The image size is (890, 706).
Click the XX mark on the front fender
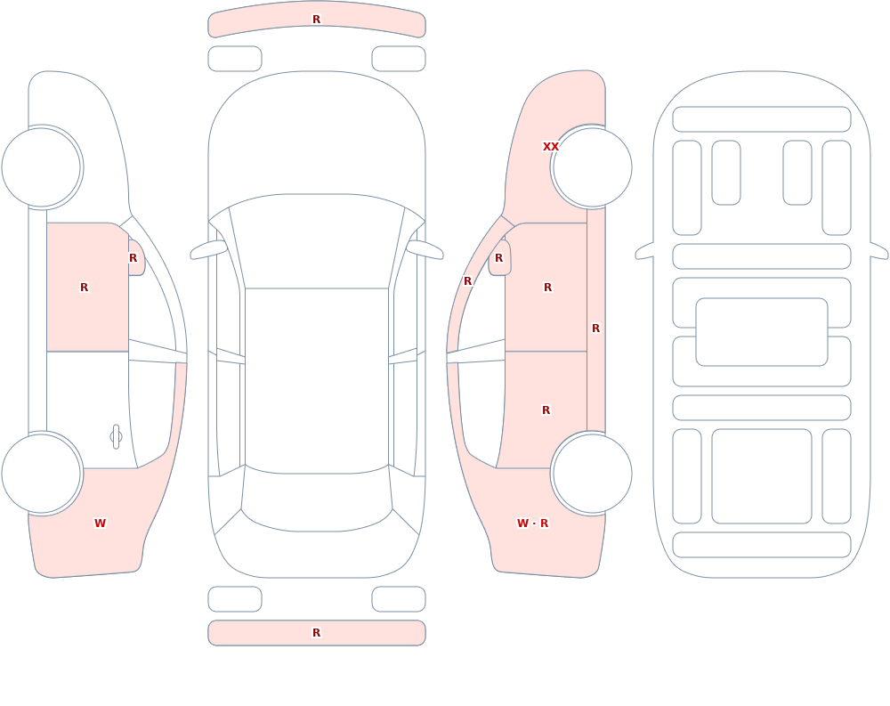(x=551, y=147)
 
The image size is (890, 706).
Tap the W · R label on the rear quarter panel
(x=532, y=523)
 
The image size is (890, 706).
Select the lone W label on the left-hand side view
(x=100, y=523)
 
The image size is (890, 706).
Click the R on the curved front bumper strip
(x=317, y=20)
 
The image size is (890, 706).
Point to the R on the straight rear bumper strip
(x=317, y=633)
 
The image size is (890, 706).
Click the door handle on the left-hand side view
(x=116, y=437)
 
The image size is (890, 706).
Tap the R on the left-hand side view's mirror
(x=133, y=258)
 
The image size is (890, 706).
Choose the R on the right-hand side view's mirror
(x=499, y=258)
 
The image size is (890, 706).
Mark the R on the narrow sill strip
(x=596, y=329)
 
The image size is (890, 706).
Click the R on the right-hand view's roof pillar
(x=468, y=281)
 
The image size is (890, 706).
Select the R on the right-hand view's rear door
(x=546, y=410)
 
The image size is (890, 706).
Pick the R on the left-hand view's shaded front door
(x=84, y=288)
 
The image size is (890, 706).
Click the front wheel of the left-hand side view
(x=41, y=167)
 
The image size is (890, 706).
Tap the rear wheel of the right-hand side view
(x=592, y=474)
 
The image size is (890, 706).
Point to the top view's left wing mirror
(x=208, y=249)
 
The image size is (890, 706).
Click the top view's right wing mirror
(x=425, y=249)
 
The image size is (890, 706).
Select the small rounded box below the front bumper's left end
(x=235, y=59)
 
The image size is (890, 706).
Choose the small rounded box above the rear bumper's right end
(x=399, y=599)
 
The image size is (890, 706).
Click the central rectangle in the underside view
(x=762, y=332)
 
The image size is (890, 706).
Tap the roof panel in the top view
(x=317, y=380)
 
